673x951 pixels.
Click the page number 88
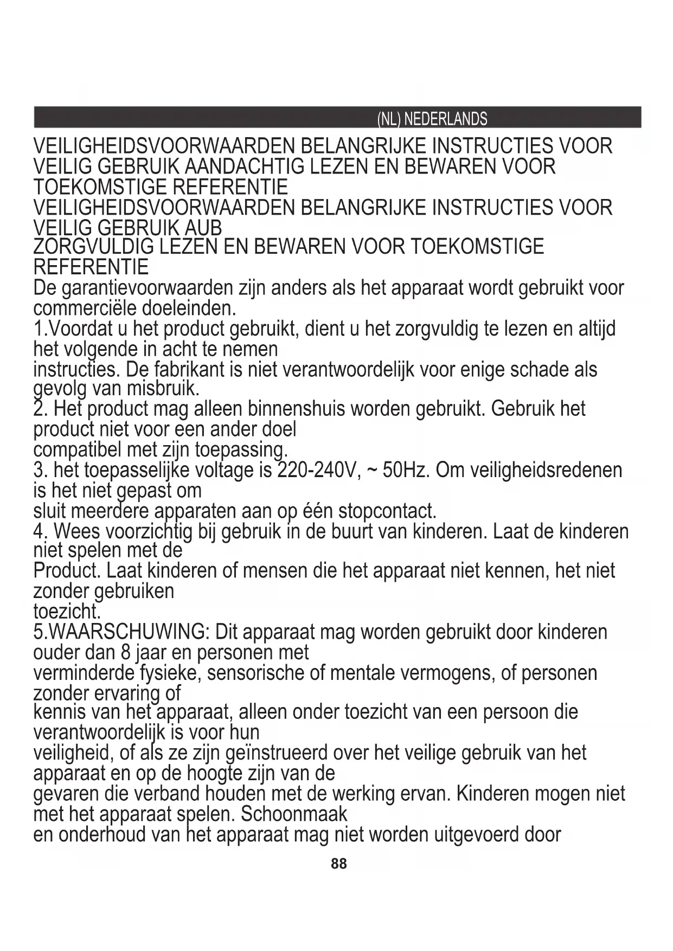point(338,864)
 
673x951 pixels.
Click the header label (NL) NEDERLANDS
point(432,119)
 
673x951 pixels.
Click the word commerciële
point(85,309)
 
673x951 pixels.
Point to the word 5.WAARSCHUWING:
point(121,632)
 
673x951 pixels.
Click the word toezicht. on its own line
point(67,612)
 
